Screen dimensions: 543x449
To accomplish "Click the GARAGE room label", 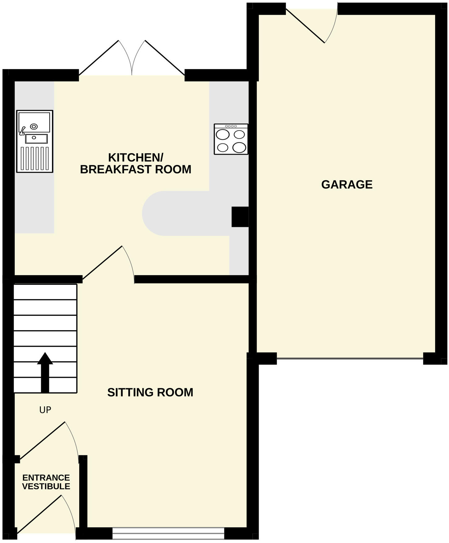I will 347,184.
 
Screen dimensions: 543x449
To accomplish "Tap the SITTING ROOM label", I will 150,392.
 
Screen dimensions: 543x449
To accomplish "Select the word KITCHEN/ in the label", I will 136,158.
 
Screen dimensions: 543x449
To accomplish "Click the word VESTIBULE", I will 46,486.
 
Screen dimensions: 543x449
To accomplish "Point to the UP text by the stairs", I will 45,410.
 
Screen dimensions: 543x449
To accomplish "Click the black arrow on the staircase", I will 45,372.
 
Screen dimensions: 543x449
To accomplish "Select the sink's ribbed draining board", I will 35,158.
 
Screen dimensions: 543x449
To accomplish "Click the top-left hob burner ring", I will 223,135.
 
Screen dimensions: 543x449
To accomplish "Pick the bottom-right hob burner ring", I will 239,147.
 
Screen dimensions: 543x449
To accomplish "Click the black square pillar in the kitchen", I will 240,217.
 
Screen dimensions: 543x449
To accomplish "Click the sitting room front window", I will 168,534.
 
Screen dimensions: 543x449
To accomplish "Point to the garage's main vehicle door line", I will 350,359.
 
